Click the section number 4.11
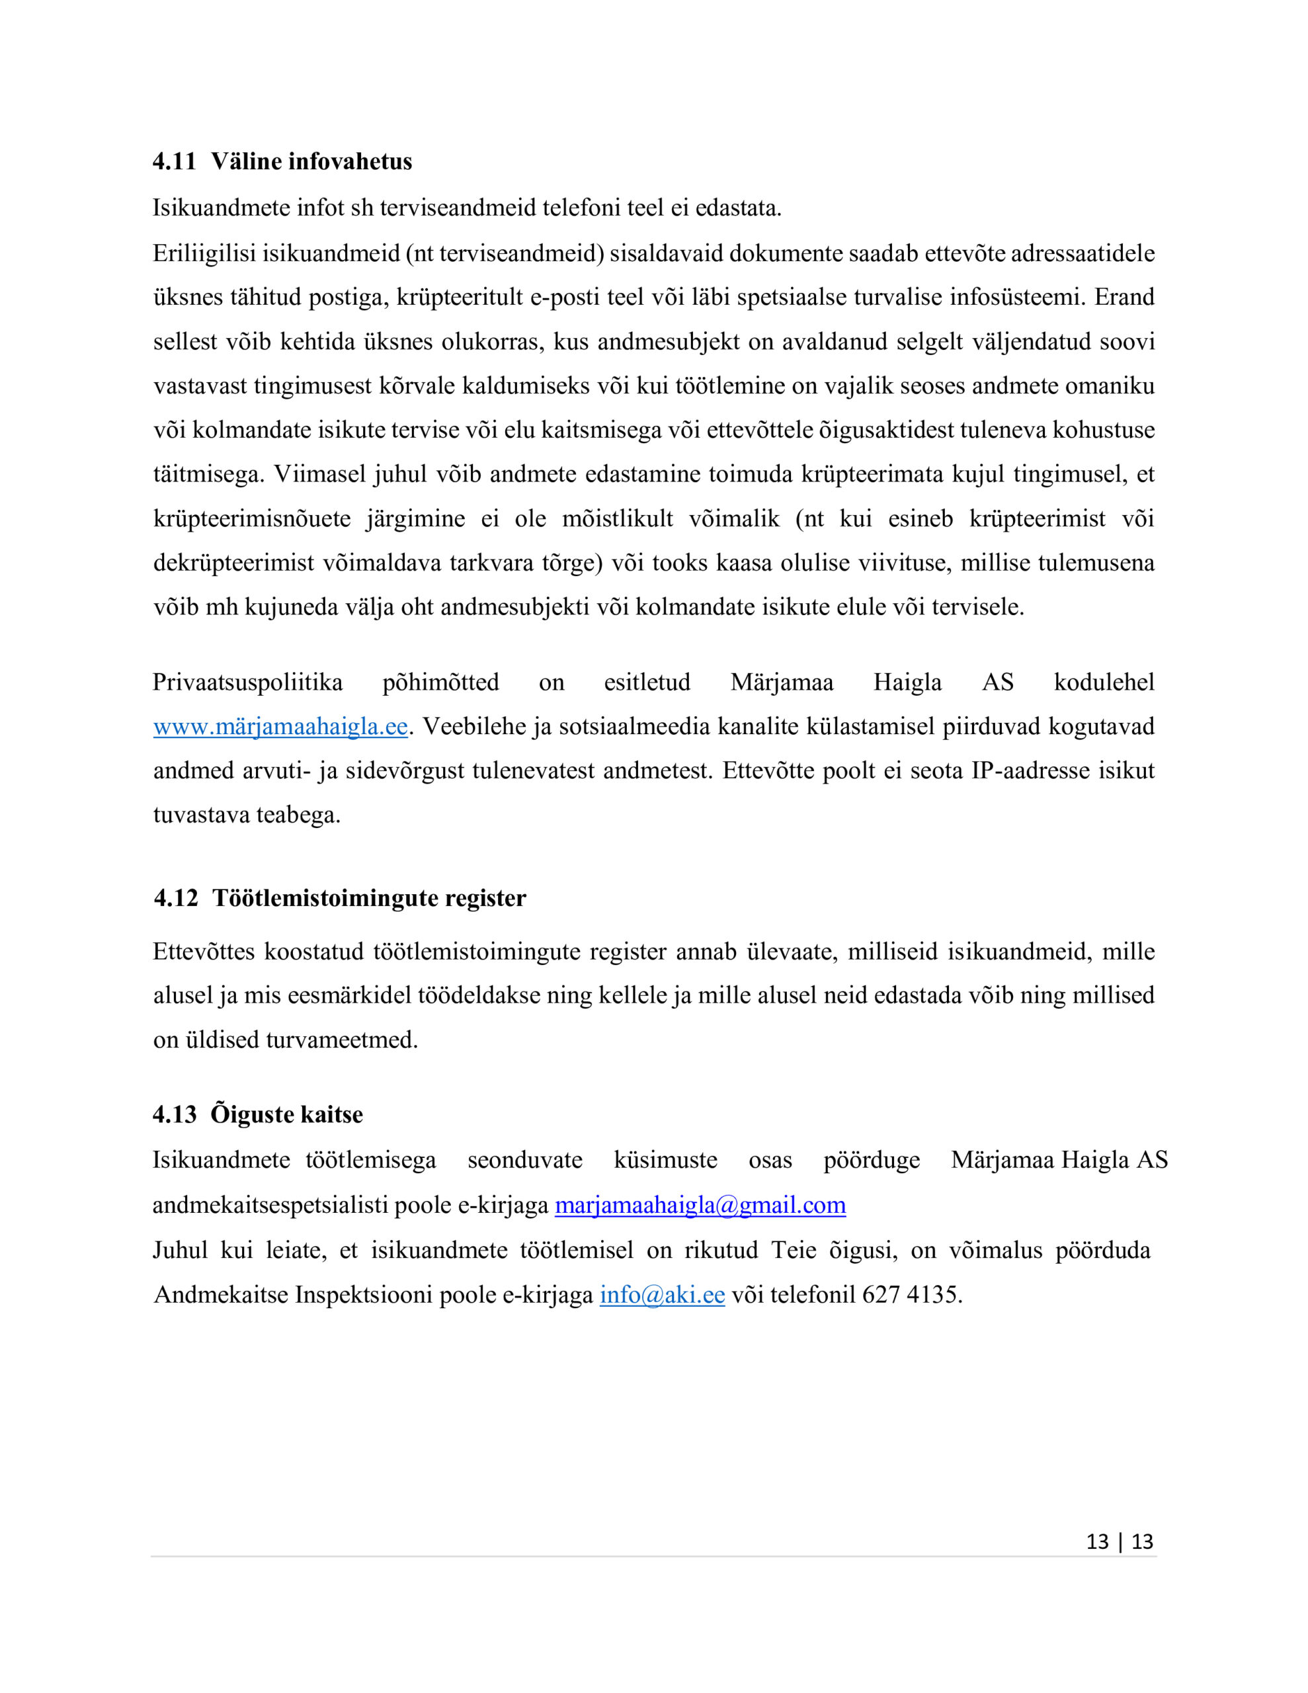pyautogui.click(x=174, y=161)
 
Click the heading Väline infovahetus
pyautogui.click(x=311, y=161)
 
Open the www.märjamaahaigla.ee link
pyautogui.click(x=280, y=727)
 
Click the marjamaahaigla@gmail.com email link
pyautogui.click(x=700, y=1205)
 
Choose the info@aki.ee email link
pyautogui.click(x=662, y=1295)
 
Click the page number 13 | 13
pyautogui.click(x=1119, y=1541)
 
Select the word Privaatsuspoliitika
pyautogui.click(x=247, y=682)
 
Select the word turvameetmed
pyautogui.click(x=341, y=1040)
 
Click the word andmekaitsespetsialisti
pyautogui.click(x=270, y=1205)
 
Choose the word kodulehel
pyautogui.click(x=1103, y=682)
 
